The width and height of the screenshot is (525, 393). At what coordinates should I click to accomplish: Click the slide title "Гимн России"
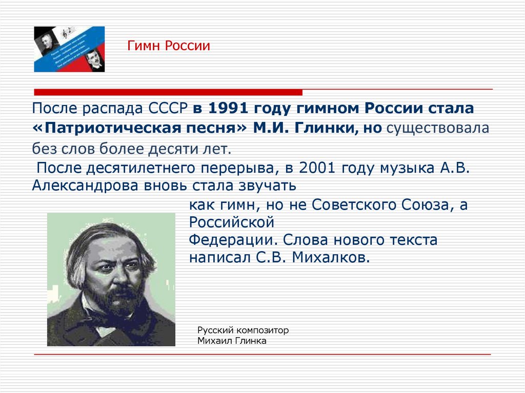169,46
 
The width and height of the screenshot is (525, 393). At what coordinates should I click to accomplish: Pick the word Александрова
85,185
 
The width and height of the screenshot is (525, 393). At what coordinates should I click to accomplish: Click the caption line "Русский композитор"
243,330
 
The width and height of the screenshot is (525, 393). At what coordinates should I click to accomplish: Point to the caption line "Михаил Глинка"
232,341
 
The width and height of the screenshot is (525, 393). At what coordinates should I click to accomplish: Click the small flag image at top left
69,49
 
